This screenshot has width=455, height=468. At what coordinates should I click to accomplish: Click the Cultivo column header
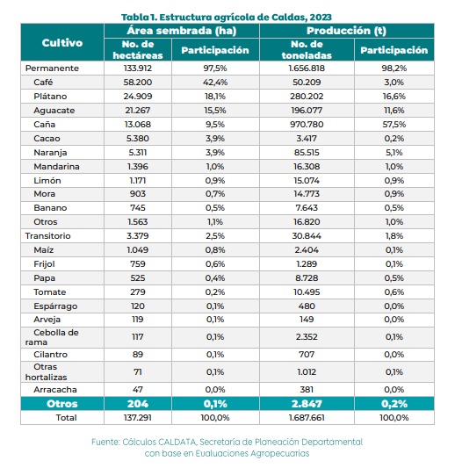pyautogui.click(x=62, y=43)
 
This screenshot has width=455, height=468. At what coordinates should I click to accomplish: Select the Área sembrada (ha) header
pyautogui.click(x=182, y=31)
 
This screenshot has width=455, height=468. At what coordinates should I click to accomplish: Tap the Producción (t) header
pyautogui.click(x=346, y=31)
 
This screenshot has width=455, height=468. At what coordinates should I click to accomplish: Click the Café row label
pyautogui.click(x=43, y=82)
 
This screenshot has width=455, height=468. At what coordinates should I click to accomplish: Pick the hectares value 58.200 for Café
pyautogui.click(x=138, y=82)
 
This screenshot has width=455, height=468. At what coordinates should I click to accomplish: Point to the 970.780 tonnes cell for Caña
pyautogui.click(x=307, y=124)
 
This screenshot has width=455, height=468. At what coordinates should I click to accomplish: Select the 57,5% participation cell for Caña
pyautogui.click(x=394, y=124)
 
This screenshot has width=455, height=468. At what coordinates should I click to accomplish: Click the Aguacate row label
pyautogui.click(x=54, y=111)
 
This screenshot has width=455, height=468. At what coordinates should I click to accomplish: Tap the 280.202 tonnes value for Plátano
pyautogui.click(x=307, y=96)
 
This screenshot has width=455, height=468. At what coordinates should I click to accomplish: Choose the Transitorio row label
pyautogui.click(x=47, y=236)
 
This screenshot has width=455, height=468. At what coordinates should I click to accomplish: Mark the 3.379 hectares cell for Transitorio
pyautogui.click(x=138, y=236)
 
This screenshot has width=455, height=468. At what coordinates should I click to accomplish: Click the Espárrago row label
pyautogui.click(x=55, y=306)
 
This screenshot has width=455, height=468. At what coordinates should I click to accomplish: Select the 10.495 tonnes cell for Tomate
pyautogui.click(x=307, y=292)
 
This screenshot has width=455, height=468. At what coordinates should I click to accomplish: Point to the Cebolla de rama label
pyautogui.click(x=52, y=337)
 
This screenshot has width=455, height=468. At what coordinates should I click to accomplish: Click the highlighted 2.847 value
pyautogui.click(x=307, y=404)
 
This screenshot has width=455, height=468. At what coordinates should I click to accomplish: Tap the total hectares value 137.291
pyautogui.click(x=138, y=418)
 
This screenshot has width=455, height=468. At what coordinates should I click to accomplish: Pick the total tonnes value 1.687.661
pyautogui.click(x=307, y=418)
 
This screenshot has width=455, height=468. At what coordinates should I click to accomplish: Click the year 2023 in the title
pyautogui.click(x=321, y=18)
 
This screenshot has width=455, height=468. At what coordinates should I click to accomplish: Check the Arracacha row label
pyautogui.click(x=55, y=390)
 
